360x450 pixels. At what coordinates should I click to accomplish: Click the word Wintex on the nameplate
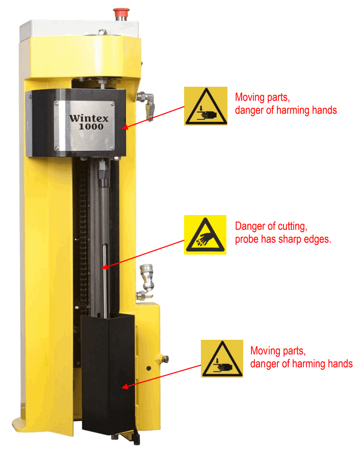[x=90, y=117]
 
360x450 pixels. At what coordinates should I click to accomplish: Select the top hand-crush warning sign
[x=205, y=106]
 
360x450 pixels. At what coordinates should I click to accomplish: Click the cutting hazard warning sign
[x=205, y=235]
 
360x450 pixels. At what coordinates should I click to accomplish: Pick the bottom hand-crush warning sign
[x=222, y=359]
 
